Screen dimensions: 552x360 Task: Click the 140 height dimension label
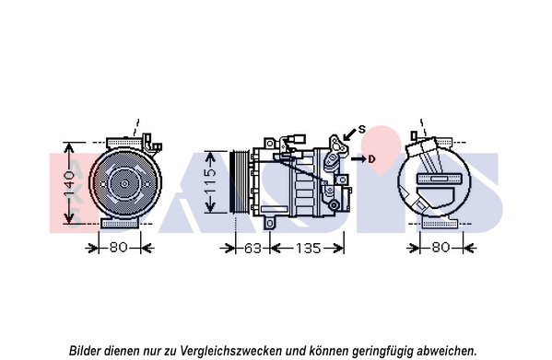pos(69,183)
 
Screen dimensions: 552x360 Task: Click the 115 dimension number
pos(210,182)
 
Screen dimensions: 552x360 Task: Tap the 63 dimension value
pos(253,249)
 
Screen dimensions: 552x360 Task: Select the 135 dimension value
pos(308,249)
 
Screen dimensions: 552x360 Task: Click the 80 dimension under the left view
pos(118,247)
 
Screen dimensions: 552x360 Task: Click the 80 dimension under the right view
pos(440,247)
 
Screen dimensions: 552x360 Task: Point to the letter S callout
pos(362,130)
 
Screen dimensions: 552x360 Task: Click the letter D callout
pos(371,159)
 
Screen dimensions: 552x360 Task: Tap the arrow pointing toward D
pos(358,159)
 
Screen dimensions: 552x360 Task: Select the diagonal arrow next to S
pos(349,134)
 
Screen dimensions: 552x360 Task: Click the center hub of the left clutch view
pos(124,183)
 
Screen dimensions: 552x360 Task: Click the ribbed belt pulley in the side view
pos(239,181)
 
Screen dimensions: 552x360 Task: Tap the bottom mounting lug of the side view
pos(269,223)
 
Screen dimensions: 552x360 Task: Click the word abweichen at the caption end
pos(446,351)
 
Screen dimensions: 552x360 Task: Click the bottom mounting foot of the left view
pos(119,223)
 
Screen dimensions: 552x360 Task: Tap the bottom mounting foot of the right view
pos(440,223)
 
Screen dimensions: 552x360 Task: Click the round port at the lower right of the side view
pos(334,204)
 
